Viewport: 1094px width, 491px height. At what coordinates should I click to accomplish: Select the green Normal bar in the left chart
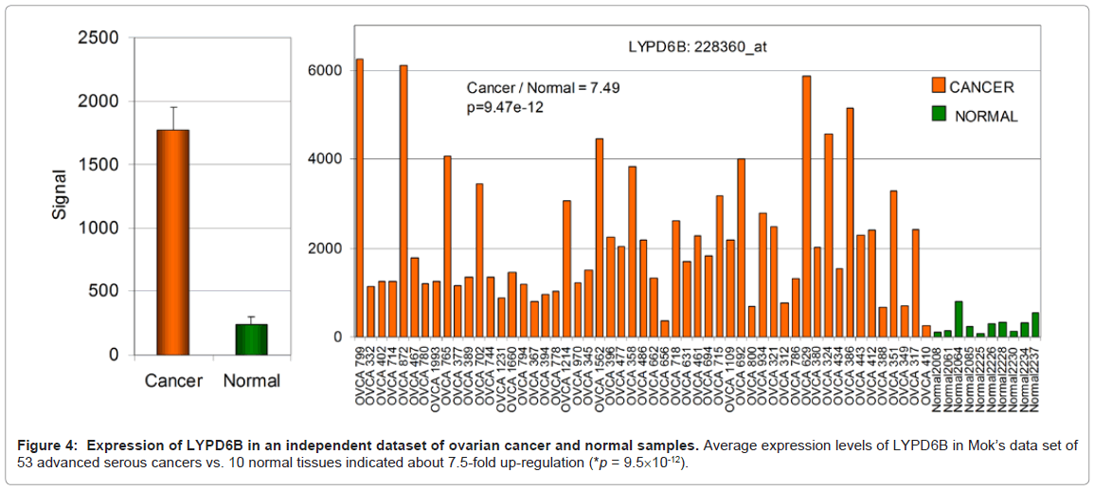(x=252, y=339)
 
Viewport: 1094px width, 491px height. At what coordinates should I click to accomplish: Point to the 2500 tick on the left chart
(x=98, y=38)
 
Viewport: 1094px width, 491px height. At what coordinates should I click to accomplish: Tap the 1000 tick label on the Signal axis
(x=98, y=228)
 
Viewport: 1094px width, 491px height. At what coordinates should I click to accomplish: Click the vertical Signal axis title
(x=60, y=196)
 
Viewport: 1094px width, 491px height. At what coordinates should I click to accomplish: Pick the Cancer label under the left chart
(x=173, y=381)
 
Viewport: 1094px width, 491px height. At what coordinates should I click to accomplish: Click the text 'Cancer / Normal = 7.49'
(x=544, y=88)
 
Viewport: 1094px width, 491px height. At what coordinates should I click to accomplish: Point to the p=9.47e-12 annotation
(x=505, y=107)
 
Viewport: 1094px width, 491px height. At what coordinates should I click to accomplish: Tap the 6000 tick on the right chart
(x=326, y=69)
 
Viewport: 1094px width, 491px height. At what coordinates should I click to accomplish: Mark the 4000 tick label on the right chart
(x=326, y=159)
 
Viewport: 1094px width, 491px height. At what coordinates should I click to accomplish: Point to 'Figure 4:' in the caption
(x=45, y=445)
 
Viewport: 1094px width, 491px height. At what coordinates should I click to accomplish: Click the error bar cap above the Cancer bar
(x=173, y=107)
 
